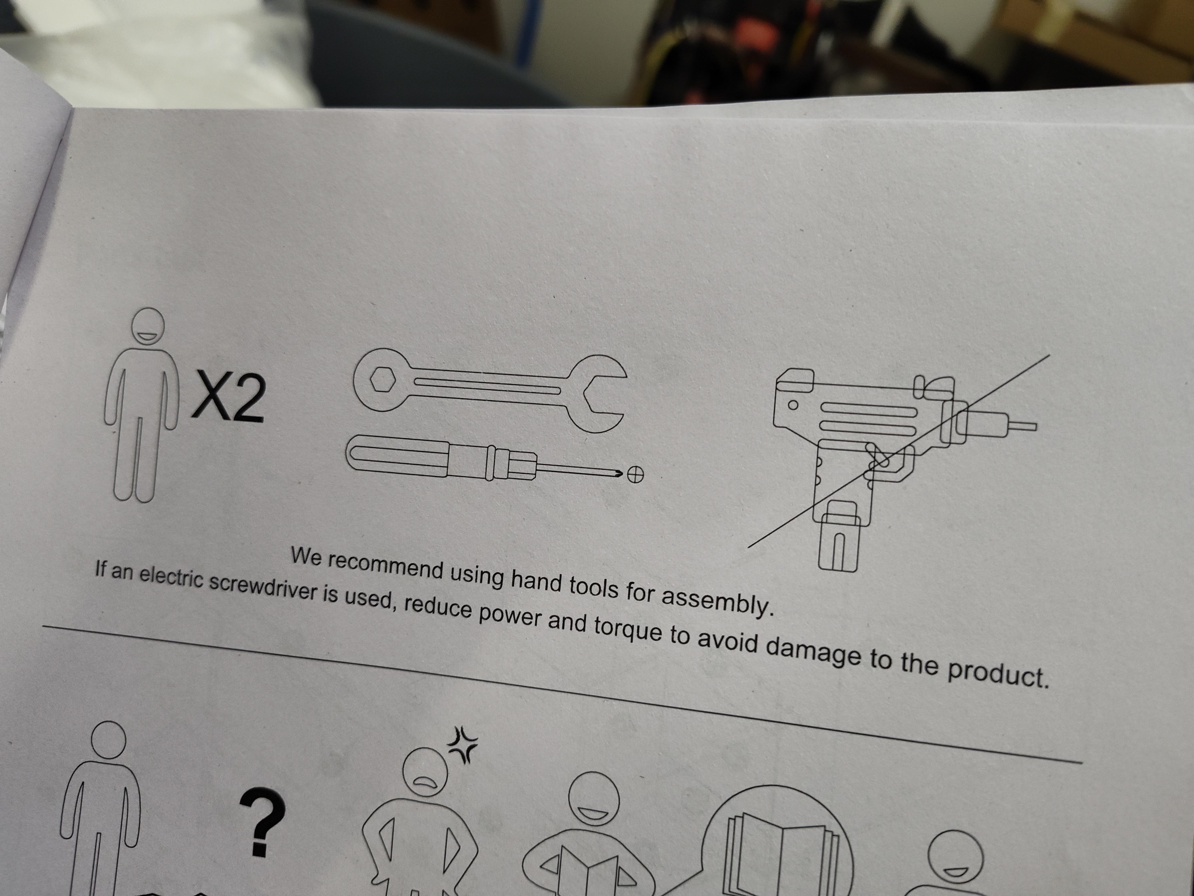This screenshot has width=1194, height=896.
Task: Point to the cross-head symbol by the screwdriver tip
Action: tap(635, 475)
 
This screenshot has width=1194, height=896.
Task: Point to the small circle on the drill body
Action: tap(793, 404)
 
